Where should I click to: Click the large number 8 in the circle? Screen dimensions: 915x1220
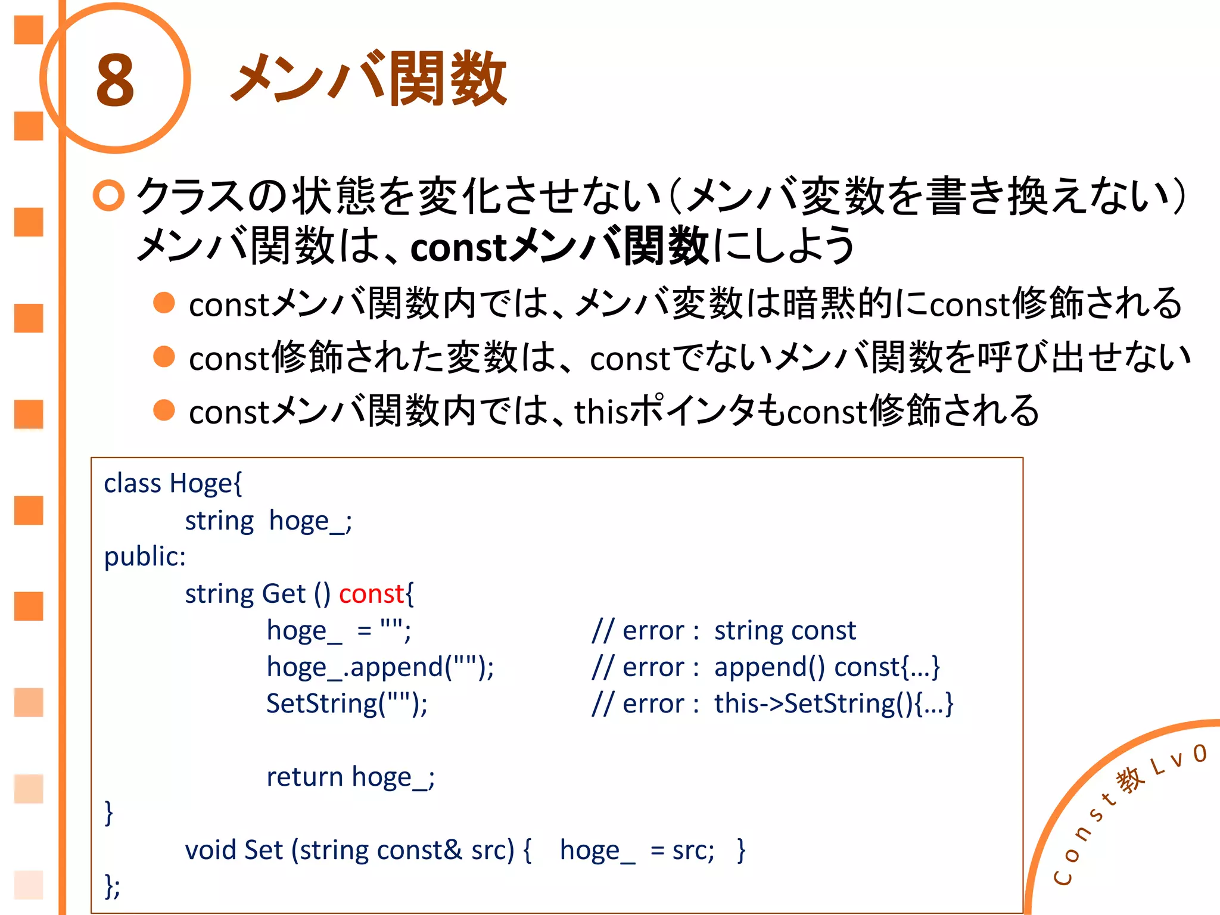pos(115,80)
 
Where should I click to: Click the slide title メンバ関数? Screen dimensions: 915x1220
pos(369,79)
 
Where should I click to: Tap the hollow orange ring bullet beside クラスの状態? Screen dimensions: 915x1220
pos(108,195)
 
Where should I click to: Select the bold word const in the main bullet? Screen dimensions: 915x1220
pos(458,247)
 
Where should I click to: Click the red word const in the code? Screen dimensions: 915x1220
pos(371,594)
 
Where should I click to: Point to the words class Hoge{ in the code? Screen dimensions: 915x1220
pos(173,483)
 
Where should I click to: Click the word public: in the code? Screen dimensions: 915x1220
pos(145,557)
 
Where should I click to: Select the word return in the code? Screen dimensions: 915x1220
pos(304,777)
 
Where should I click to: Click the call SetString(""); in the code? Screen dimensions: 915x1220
pos(347,704)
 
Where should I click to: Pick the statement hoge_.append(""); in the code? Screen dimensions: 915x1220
pos(380,667)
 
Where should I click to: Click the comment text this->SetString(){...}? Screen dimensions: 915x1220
pos(833,704)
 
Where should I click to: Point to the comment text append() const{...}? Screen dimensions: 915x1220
pos(827,667)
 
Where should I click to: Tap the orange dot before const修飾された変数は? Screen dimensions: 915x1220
pos(164,357)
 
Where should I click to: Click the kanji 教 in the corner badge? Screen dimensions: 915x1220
pos(1130,780)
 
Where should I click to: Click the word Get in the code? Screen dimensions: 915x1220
pos(284,594)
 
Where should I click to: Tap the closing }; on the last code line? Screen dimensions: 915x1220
pos(112,886)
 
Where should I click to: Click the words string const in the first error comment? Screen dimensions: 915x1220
pos(785,630)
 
